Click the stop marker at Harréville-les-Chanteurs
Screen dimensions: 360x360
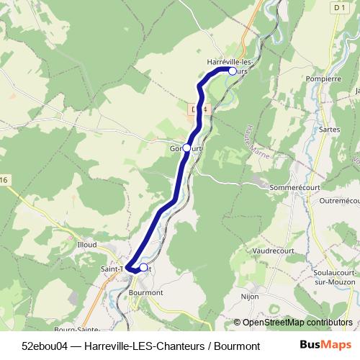(233, 71)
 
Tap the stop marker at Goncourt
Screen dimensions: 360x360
(186, 147)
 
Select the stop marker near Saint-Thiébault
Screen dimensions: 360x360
(143, 268)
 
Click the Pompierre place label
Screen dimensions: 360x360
(323, 78)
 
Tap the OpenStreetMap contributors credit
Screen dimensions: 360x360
(293, 323)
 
